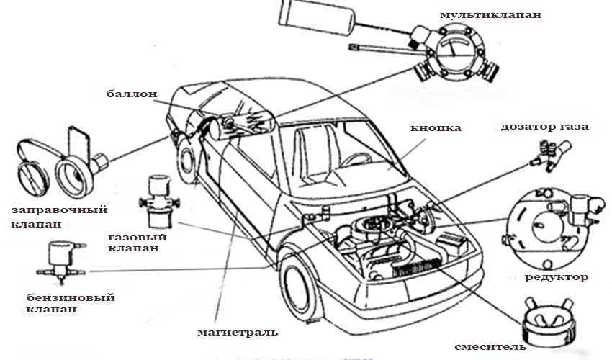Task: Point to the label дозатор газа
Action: (545, 127)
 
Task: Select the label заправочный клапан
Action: (60, 217)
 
